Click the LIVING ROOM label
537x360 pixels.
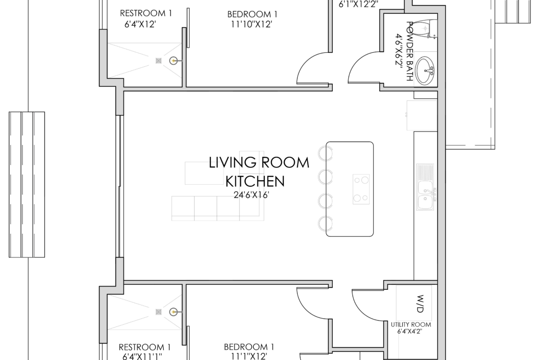coord(259,163)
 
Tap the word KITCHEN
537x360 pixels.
coord(255,181)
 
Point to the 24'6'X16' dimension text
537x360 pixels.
coord(251,195)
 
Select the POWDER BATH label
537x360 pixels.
coord(409,51)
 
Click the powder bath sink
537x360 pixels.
coord(425,71)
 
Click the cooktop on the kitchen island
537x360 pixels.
coord(361,189)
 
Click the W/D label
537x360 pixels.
coord(420,304)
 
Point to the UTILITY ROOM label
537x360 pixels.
coord(411,324)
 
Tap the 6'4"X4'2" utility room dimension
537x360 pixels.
coord(409,331)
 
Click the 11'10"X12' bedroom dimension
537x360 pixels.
coord(252,24)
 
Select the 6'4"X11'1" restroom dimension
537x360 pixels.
coord(142,356)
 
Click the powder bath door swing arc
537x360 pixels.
coord(356,61)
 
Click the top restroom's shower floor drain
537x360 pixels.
coord(158,61)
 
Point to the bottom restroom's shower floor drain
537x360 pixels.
coord(158,312)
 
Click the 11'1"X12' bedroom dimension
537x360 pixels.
coord(249,356)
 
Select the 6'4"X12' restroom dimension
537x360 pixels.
coord(140,24)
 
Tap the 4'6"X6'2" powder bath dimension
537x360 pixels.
coord(399,51)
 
